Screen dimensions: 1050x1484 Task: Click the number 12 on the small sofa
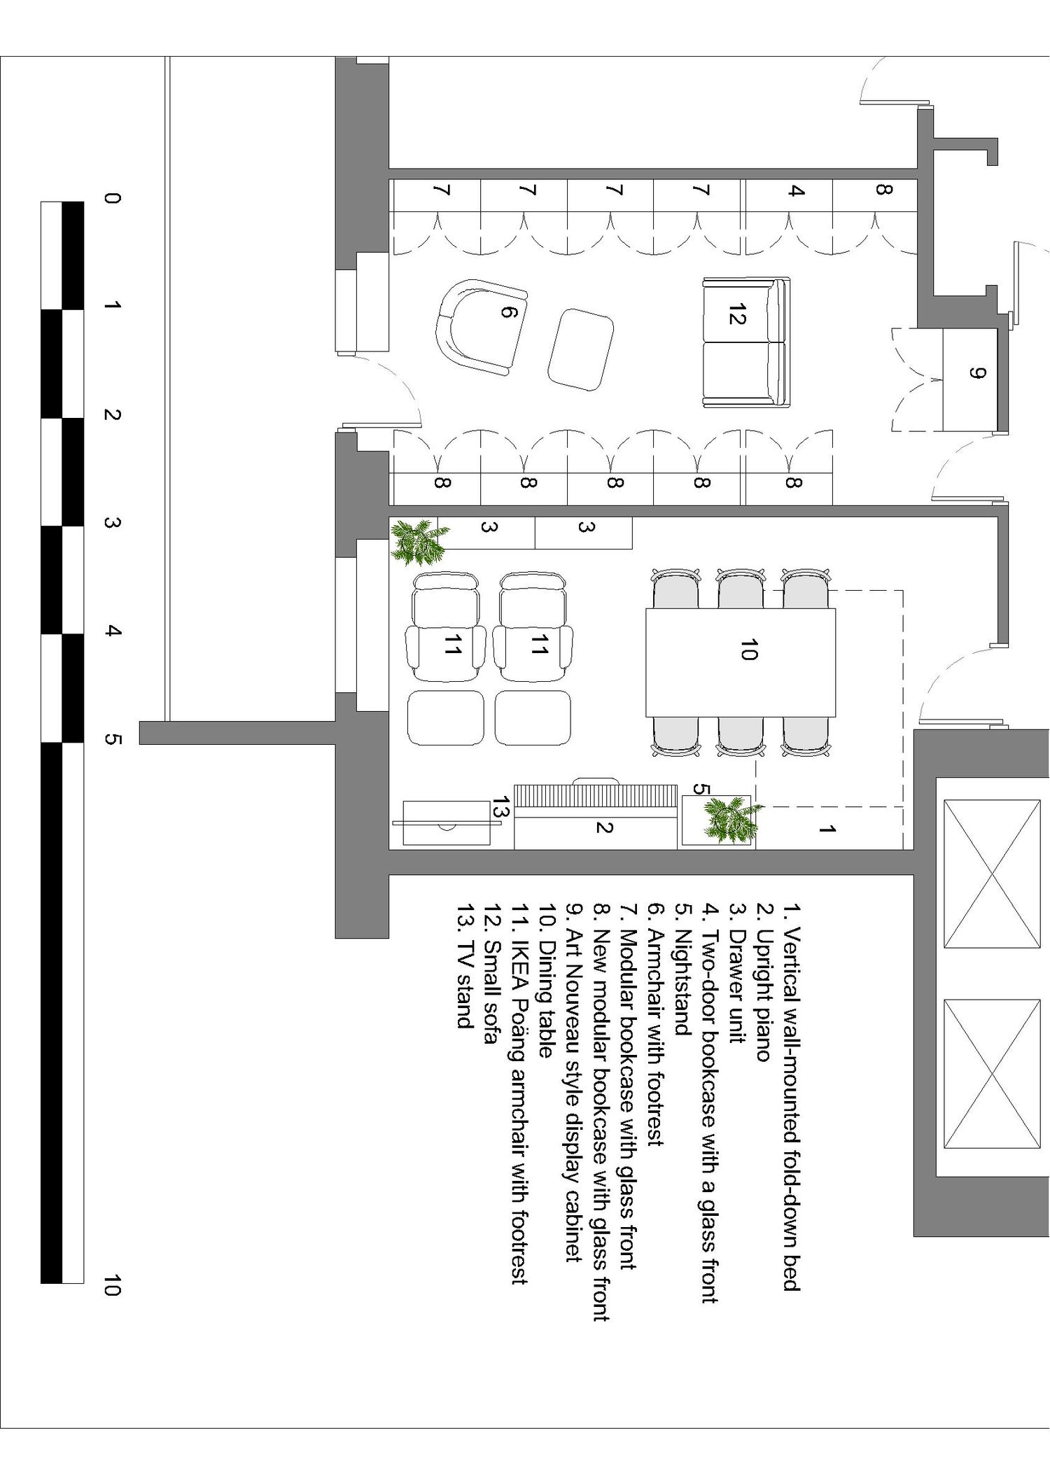(736, 316)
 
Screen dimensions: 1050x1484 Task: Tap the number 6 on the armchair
(509, 312)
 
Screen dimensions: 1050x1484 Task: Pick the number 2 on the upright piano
(604, 827)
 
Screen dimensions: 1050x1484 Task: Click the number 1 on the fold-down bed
(827, 829)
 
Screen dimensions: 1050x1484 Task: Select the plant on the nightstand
(732, 819)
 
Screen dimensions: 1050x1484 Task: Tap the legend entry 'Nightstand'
(682, 969)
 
